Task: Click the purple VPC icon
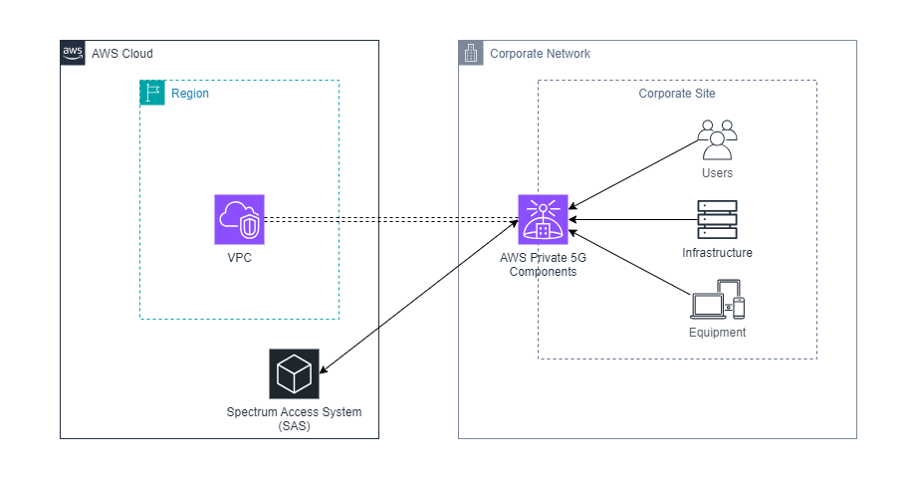pyautogui.click(x=239, y=219)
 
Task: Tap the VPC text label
pyautogui.click(x=239, y=256)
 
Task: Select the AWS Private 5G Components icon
pyautogui.click(x=543, y=219)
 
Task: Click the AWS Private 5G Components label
pyautogui.click(x=543, y=264)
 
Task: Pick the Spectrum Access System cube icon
pyautogui.click(x=294, y=373)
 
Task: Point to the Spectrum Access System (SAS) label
pyautogui.click(x=294, y=418)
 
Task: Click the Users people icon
pyautogui.click(x=717, y=139)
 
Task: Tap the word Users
pyautogui.click(x=717, y=173)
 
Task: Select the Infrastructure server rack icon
pyautogui.click(x=717, y=219)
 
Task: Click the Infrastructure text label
pyautogui.click(x=717, y=253)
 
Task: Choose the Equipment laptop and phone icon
pyautogui.click(x=717, y=299)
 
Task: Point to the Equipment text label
pyautogui.click(x=717, y=333)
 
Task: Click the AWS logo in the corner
pyautogui.click(x=72, y=52)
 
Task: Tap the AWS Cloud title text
pyautogui.click(x=122, y=53)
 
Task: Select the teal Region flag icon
pyautogui.click(x=151, y=93)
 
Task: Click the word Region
pyautogui.click(x=190, y=94)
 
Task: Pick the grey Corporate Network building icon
pyautogui.click(x=470, y=53)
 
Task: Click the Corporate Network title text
pyautogui.click(x=540, y=54)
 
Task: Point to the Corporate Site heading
pyautogui.click(x=677, y=94)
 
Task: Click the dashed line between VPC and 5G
pyautogui.click(x=388, y=219)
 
